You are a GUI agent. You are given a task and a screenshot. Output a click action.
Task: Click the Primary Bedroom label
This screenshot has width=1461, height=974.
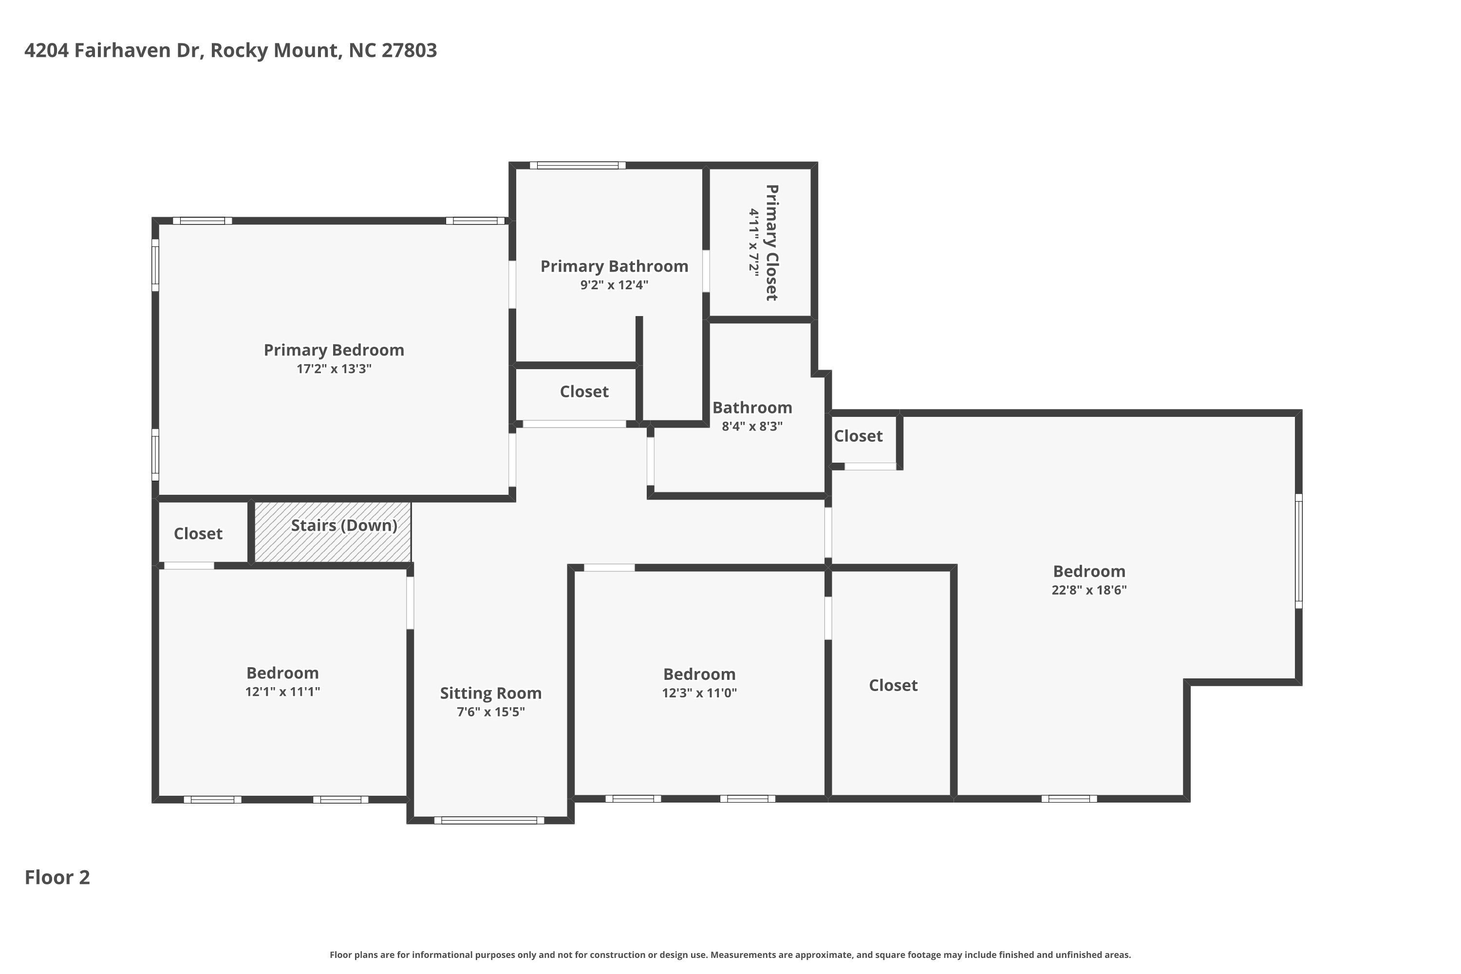point(334,350)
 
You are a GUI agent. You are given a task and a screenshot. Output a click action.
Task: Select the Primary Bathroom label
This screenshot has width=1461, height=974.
point(614,266)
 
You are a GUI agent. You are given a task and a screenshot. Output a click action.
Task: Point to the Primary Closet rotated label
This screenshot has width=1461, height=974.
point(771,243)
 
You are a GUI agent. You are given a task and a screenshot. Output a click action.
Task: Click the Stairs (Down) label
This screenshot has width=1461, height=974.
point(344,525)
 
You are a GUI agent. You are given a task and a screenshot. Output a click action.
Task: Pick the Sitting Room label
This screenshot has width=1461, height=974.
point(491,693)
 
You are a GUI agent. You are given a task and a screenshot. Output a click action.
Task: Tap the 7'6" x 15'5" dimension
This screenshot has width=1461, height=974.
point(491,712)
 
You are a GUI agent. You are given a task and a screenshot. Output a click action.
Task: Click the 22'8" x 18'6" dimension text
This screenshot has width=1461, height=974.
point(1089,590)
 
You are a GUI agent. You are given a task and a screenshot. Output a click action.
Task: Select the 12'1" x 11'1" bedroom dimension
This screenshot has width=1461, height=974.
point(282,692)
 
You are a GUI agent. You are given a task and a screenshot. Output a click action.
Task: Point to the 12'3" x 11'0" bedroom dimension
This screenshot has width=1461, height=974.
point(699,693)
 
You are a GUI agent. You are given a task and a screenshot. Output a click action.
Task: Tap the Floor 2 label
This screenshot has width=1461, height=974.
point(57,878)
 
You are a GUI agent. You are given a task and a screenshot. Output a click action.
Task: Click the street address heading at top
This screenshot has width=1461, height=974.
point(230,50)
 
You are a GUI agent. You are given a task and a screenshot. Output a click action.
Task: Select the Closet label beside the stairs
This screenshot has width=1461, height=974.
point(198,534)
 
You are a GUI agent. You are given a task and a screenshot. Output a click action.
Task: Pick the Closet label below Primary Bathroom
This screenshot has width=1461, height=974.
point(584,392)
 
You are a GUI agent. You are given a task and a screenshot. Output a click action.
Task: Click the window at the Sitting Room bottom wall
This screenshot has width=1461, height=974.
point(489,821)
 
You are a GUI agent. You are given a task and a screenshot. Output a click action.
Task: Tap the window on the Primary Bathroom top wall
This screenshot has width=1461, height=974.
point(578,165)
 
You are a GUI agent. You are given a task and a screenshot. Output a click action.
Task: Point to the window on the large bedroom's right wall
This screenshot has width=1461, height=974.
point(1298,551)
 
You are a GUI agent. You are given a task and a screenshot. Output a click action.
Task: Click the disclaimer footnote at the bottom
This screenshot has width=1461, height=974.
point(730,955)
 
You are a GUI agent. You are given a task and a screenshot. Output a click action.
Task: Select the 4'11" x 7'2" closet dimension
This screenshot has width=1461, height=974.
point(753,242)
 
